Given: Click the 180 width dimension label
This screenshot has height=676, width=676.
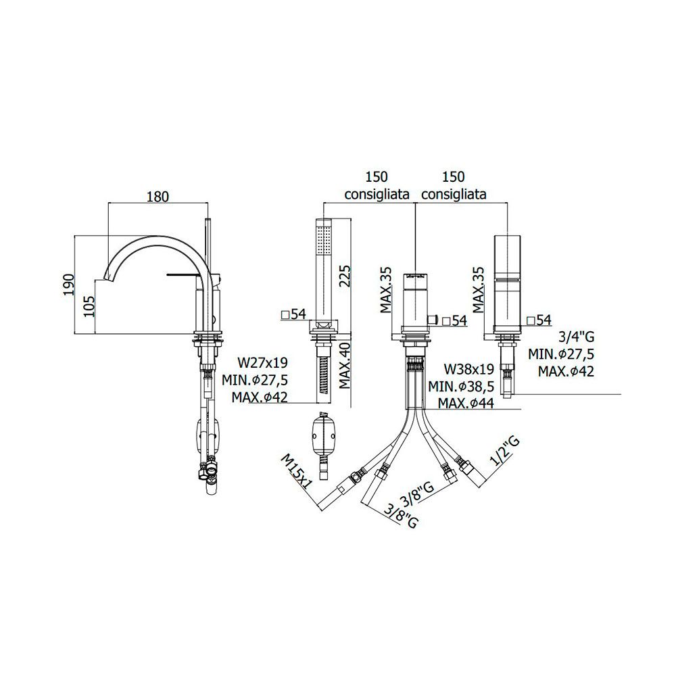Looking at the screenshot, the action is pos(158,196).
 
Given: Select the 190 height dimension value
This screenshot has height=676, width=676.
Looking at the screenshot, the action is pos(69,285).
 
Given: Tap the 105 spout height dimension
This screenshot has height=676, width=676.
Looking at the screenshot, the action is pos(88,306).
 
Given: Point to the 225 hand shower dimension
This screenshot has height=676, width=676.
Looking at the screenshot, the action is pos(345,276).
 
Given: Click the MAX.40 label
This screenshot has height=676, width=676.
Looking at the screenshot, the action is pos(345,366).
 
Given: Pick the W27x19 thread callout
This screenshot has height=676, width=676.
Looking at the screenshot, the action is pos(262,362).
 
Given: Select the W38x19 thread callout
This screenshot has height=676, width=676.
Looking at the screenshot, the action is pos(469,369).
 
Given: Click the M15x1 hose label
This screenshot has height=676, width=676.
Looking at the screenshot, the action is pos(297,472).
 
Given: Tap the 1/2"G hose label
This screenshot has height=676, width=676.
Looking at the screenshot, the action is pos(505,452).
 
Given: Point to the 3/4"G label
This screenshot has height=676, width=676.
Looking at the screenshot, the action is pos(577,337).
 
